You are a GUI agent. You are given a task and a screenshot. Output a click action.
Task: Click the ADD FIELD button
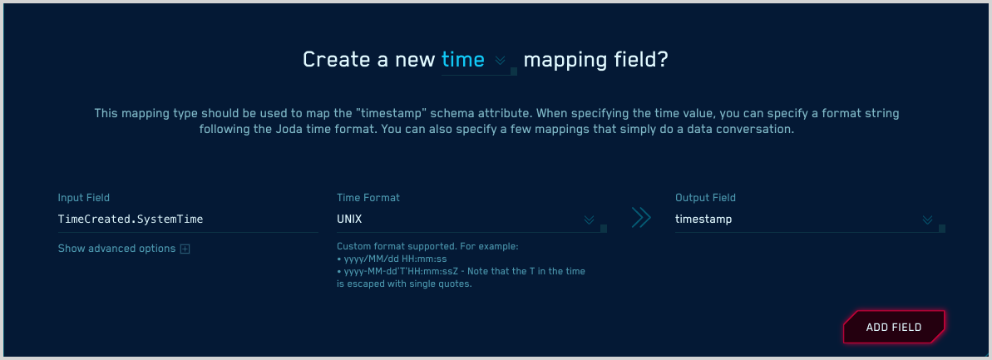click(894, 328)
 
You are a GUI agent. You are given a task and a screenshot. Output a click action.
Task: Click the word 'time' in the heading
click(463, 60)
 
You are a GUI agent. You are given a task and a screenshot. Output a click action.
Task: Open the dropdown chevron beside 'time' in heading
click(500, 61)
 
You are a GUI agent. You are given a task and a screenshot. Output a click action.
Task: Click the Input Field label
click(84, 198)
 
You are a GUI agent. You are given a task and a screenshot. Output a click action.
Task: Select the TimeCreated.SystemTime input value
click(131, 219)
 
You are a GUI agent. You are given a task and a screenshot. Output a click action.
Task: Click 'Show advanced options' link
click(116, 249)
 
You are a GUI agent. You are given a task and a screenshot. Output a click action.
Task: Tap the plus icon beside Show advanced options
click(185, 249)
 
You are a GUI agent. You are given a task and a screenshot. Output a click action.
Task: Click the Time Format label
click(368, 198)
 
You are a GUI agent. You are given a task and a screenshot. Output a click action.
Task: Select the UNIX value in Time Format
click(349, 219)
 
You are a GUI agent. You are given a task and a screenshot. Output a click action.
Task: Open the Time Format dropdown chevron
click(589, 220)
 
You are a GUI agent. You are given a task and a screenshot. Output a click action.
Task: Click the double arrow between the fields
click(640, 218)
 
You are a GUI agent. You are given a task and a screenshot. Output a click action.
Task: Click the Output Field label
click(705, 198)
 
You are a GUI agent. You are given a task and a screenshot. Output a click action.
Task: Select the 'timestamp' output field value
click(703, 219)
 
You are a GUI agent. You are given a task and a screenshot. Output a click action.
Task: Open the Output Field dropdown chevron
click(928, 220)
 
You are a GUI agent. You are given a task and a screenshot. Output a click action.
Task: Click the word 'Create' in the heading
click(336, 60)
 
